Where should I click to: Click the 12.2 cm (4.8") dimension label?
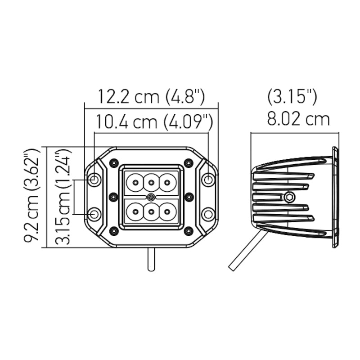click(x=151, y=96)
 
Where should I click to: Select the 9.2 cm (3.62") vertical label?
click(x=32, y=197)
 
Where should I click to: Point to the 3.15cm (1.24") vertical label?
click(x=63, y=197)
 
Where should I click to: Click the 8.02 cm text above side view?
click(x=298, y=119)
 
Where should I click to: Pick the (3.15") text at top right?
click(x=292, y=96)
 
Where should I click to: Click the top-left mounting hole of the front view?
click(x=94, y=180)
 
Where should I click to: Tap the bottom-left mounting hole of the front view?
click(x=94, y=214)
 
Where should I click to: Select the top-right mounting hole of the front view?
click(x=208, y=180)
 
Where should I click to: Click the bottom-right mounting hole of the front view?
click(x=208, y=214)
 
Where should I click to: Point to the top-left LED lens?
click(x=135, y=183)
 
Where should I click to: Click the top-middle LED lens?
click(x=151, y=183)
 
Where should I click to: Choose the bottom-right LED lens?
click(x=167, y=211)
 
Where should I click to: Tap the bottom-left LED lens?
click(x=135, y=211)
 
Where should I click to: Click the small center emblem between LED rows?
click(x=151, y=197)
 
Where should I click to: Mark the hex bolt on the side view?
click(x=289, y=197)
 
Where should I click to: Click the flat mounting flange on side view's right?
click(x=335, y=197)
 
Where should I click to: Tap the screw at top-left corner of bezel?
click(x=114, y=162)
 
